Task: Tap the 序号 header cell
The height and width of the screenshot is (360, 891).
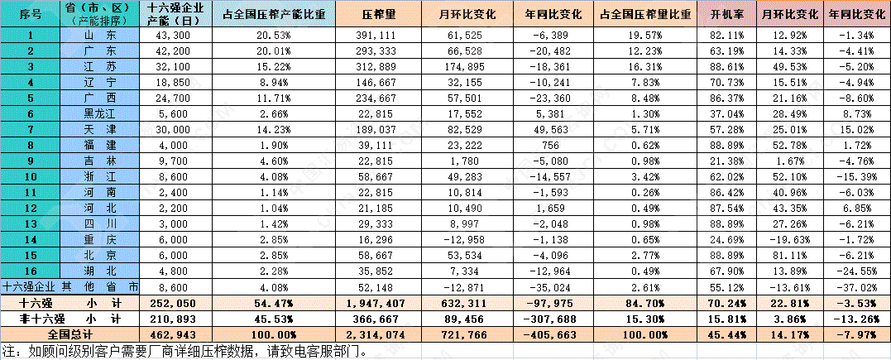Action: click(x=31, y=16)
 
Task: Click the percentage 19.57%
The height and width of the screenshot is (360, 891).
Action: click(x=649, y=35)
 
